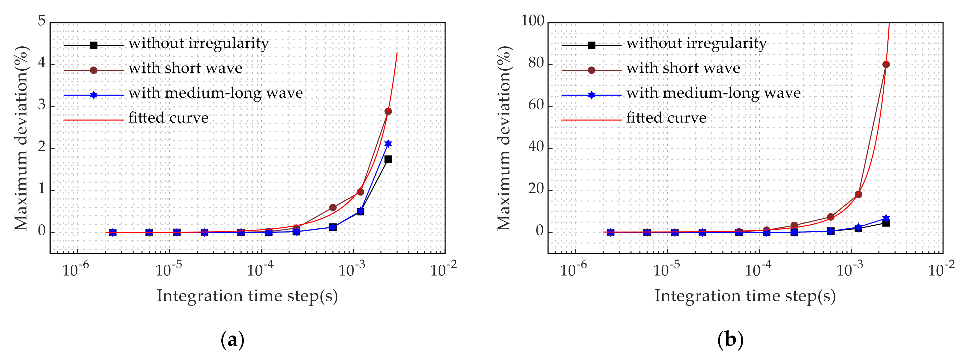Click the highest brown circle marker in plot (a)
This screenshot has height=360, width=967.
click(x=388, y=111)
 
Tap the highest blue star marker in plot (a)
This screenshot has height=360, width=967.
click(x=388, y=144)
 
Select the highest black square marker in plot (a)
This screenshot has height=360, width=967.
click(x=388, y=159)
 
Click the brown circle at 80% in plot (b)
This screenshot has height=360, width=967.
click(x=886, y=65)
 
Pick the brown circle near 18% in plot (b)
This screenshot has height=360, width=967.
click(x=858, y=195)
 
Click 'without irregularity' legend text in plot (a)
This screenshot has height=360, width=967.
click(x=199, y=44)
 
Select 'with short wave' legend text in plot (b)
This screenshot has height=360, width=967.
click(x=683, y=68)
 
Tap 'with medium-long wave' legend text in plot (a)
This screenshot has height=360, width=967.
click(x=215, y=93)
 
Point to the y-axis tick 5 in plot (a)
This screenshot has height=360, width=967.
click(x=42, y=21)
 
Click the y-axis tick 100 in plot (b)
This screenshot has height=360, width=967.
click(x=532, y=21)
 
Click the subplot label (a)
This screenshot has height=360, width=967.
click(x=233, y=340)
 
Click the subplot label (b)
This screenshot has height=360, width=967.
click(x=730, y=340)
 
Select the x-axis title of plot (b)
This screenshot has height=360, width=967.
click(x=745, y=296)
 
